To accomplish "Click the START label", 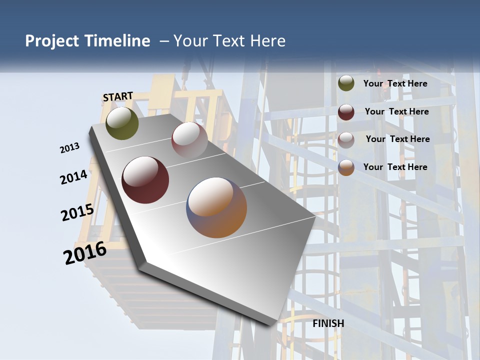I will tap(118, 96).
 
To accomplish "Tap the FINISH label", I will tap(328, 323).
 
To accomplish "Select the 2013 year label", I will tap(70, 148).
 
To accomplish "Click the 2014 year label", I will tap(74, 177).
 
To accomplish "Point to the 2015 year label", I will tap(77, 212).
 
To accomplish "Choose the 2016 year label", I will tap(85, 253).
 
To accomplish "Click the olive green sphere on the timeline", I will tap(122, 123).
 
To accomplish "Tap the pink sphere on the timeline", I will tap(189, 140).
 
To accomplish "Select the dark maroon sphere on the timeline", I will tap(145, 180).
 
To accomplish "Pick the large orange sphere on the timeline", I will tap(217, 207).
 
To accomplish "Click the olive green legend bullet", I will tap(346, 83).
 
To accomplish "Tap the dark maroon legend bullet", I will tap(346, 112).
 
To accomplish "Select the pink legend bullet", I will tap(346, 140).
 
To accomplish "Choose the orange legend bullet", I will tap(346, 167).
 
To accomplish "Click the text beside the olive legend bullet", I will tap(395, 83).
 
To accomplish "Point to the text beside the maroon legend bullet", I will tap(397, 111).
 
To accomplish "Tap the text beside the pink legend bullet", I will tap(398, 139).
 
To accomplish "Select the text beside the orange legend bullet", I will tap(395, 167).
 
